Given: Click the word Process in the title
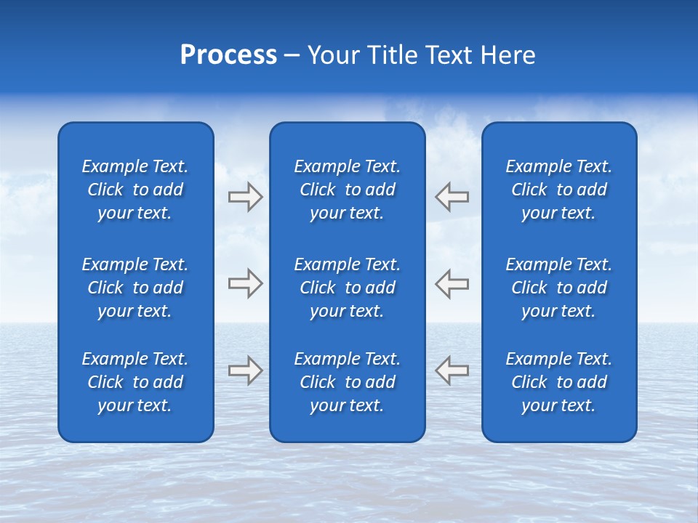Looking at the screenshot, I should click(x=228, y=55).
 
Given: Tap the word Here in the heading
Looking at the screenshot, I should click(x=508, y=55).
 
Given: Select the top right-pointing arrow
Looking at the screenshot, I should click(x=246, y=197).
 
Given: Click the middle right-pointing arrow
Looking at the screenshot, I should click(x=246, y=283).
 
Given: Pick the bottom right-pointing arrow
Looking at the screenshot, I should click(x=246, y=370).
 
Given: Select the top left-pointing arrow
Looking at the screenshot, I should click(x=452, y=197).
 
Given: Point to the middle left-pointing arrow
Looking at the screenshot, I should click(x=452, y=283).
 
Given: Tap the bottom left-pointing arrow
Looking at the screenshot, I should click(x=452, y=370).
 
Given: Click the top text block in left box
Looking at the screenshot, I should click(x=135, y=190).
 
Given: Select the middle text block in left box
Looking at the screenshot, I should click(x=135, y=288).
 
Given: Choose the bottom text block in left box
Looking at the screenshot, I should click(x=135, y=382).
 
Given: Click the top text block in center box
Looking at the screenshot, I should click(x=347, y=190).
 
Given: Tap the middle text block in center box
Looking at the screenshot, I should click(x=347, y=288).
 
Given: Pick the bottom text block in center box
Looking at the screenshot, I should click(x=347, y=382).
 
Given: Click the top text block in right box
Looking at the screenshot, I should click(x=558, y=190).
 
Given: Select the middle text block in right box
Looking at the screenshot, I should click(x=558, y=288).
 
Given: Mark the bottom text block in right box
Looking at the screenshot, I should click(x=558, y=382).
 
